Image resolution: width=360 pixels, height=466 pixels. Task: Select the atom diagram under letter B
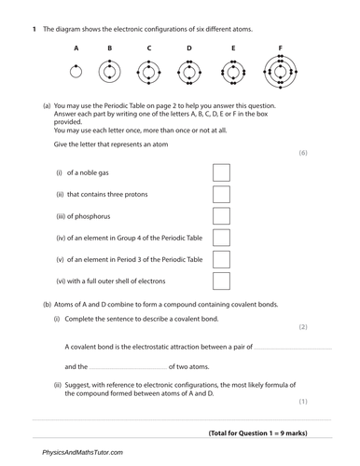(109, 71)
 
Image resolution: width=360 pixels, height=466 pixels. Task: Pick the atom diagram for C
(148, 71)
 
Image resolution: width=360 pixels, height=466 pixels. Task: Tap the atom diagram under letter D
(188, 71)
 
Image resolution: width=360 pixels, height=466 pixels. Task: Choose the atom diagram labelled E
(232, 71)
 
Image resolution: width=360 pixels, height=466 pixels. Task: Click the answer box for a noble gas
(222, 172)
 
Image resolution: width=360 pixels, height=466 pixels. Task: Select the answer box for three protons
(222, 194)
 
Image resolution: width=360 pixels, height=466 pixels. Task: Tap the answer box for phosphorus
(222, 216)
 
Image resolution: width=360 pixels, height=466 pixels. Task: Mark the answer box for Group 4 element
(222, 238)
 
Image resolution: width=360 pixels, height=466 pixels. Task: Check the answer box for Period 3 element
(222, 259)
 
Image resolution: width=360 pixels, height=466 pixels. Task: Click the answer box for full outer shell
(222, 281)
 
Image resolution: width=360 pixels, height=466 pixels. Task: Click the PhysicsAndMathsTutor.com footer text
(82, 452)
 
